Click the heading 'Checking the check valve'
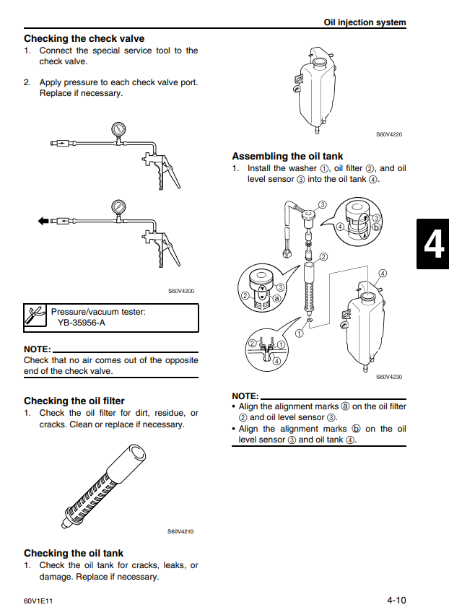click(x=84, y=38)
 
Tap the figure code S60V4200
click(x=181, y=291)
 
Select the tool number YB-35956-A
click(x=81, y=323)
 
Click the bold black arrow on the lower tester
click(x=43, y=221)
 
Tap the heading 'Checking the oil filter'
click(x=74, y=401)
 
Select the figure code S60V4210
click(x=180, y=532)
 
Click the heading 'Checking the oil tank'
click(x=74, y=553)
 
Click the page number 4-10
click(x=396, y=600)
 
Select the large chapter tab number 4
click(x=433, y=245)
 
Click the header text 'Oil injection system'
click(x=365, y=22)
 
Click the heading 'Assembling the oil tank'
click(x=287, y=156)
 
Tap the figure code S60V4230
click(x=389, y=376)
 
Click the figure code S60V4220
click(x=389, y=134)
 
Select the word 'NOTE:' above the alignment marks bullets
click(x=245, y=396)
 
